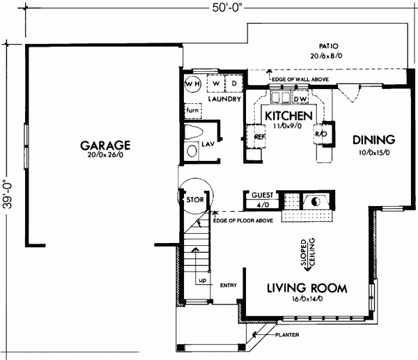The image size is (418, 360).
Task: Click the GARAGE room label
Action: (x=105, y=146)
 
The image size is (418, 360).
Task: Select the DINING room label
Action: (x=373, y=139)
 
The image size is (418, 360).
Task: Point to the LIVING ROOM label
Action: (x=307, y=288)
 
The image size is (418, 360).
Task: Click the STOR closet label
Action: (x=193, y=200)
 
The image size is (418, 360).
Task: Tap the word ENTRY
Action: (x=229, y=285)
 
